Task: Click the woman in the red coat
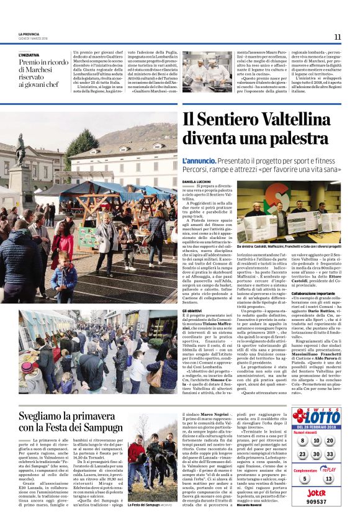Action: [63, 242]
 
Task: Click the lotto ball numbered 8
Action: [302, 441]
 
